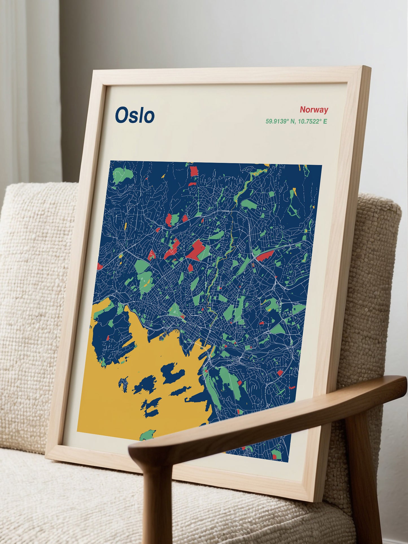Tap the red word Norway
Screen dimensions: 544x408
pos(314,110)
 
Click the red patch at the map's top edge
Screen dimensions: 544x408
pos(194,171)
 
